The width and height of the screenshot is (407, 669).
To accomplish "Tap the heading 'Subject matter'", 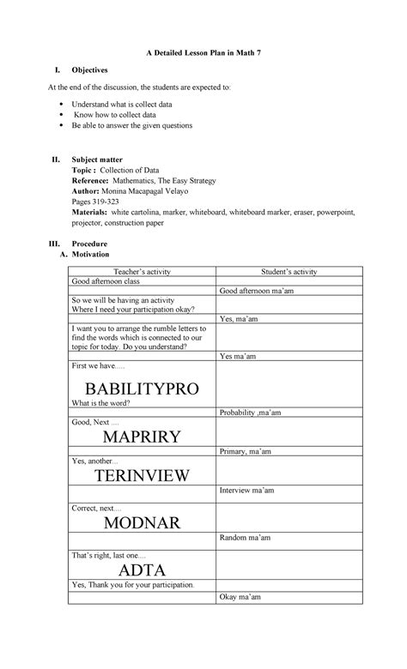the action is (x=97, y=159).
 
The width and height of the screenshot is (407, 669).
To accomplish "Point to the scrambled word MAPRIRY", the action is (x=141, y=436).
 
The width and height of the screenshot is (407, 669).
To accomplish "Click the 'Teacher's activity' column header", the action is (x=141, y=271).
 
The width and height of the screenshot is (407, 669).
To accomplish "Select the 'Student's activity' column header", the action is (x=289, y=271).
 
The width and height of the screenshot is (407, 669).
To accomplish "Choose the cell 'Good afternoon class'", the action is (x=105, y=281).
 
